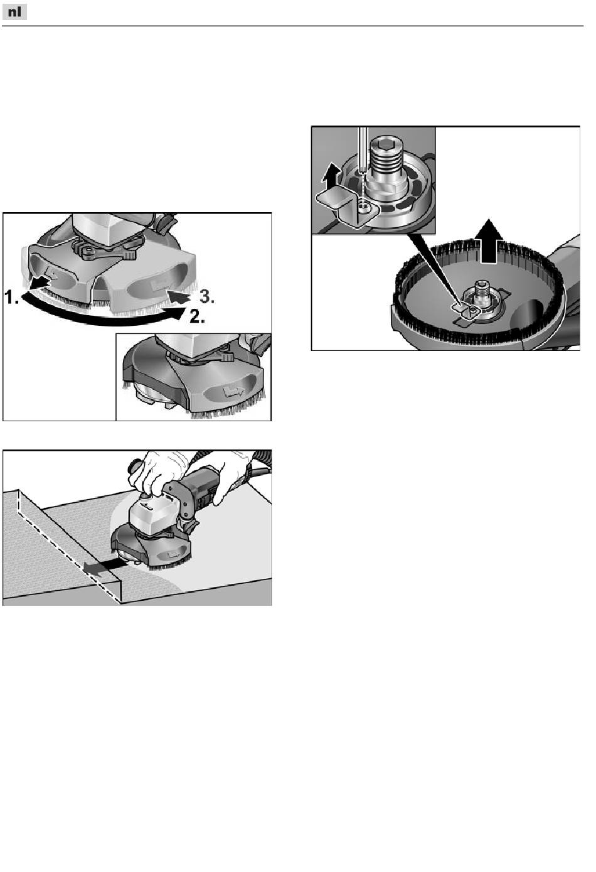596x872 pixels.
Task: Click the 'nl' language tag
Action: pyautogui.click(x=14, y=13)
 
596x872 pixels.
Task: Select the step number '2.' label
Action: pyautogui.click(x=197, y=317)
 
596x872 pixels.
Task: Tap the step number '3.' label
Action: pyautogui.click(x=207, y=298)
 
